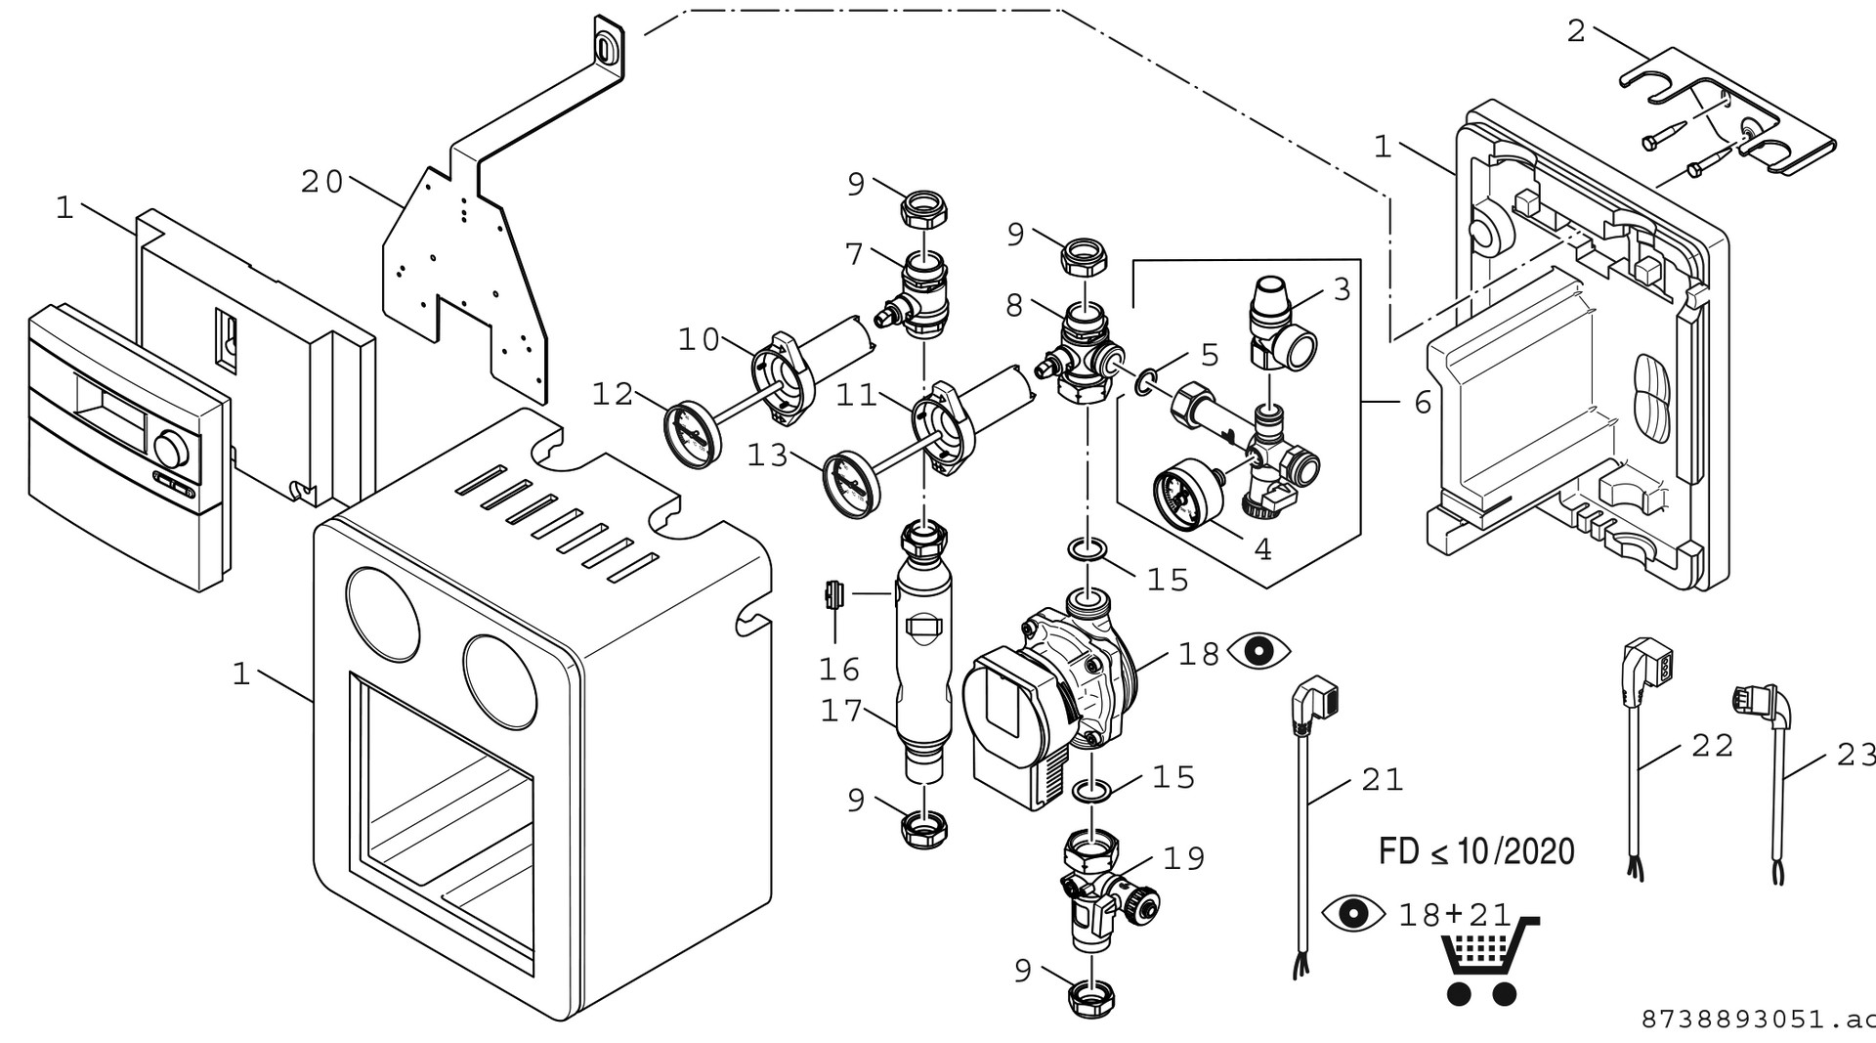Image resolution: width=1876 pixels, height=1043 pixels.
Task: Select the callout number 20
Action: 321,182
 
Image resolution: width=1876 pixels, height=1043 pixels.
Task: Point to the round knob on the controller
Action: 172,451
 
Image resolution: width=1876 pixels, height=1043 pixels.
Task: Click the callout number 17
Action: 841,711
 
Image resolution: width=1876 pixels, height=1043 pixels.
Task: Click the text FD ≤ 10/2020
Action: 1476,851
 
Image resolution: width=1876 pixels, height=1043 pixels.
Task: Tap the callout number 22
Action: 1712,746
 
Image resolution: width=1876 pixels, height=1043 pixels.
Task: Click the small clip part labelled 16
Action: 833,594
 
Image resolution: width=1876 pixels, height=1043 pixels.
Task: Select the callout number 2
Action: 1575,31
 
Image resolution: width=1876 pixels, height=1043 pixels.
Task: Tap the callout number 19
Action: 1183,858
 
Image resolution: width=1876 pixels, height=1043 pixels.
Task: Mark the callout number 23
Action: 1855,754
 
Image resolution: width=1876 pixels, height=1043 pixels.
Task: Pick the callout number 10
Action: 699,340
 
